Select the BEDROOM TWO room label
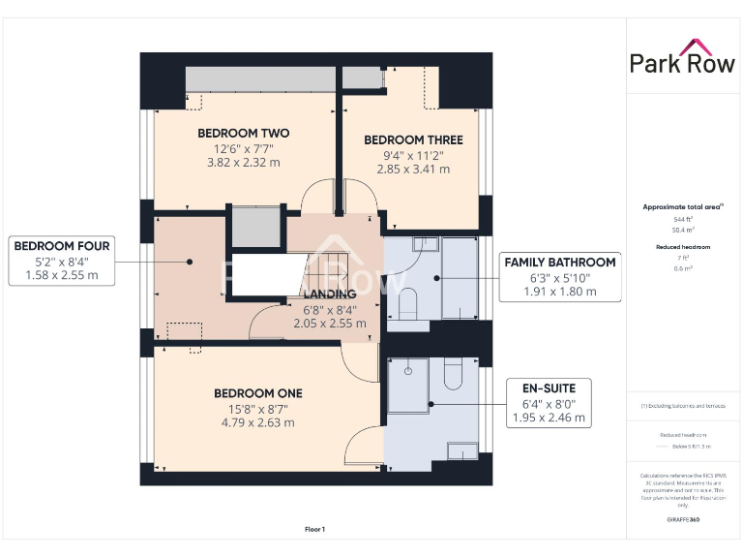(244, 133)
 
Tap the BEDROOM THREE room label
(413, 139)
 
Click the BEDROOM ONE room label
(257, 392)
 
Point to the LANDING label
(330, 294)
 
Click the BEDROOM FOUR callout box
(62, 262)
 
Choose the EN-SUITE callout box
(548, 403)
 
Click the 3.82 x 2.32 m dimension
(244, 163)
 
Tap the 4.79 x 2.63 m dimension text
(257, 422)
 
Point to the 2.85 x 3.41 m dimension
(413, 169)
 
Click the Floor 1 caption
(314, 529)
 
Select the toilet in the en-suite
(453, 375)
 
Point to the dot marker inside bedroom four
(192, 261)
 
